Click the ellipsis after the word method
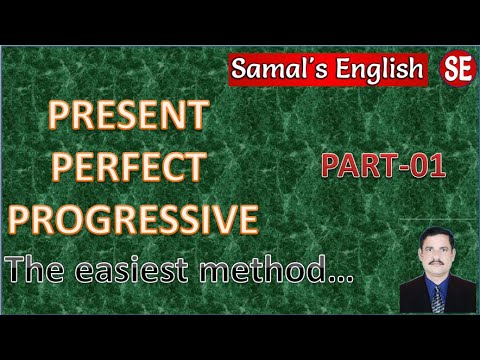click(342, 273)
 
